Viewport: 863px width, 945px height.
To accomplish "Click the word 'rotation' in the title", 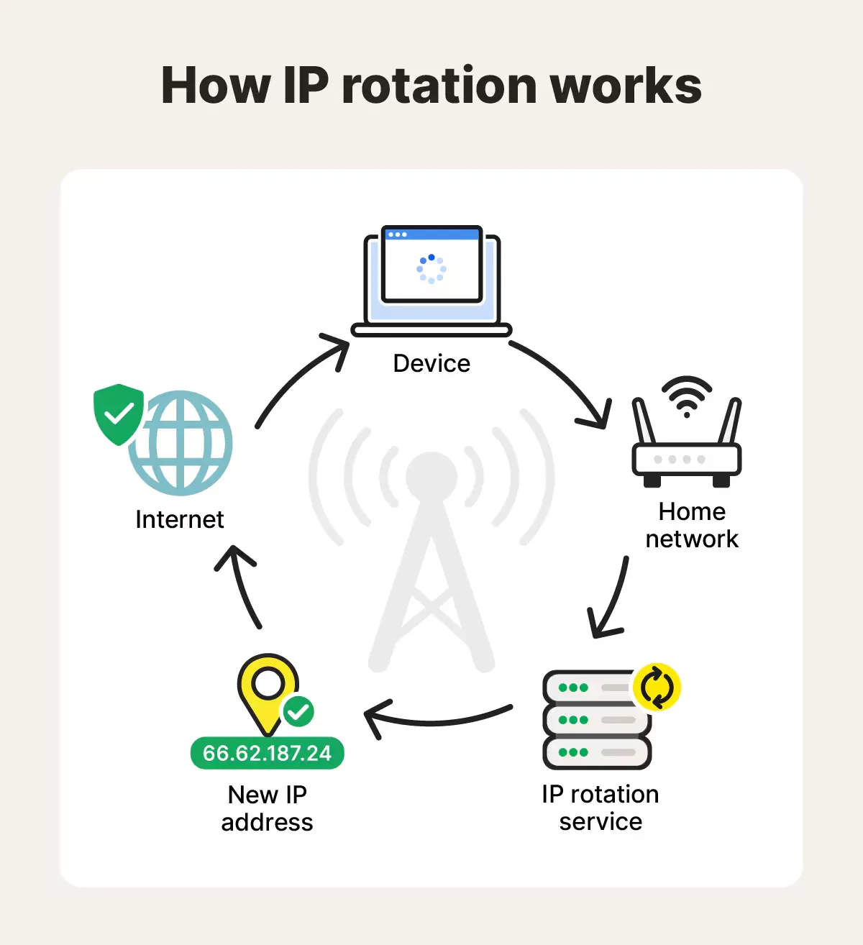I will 439,86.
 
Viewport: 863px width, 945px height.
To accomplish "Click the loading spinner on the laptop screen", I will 431,269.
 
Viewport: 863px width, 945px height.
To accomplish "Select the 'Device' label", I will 431,363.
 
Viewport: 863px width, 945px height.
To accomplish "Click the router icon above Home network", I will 687,453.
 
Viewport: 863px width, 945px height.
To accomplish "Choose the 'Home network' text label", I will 692,525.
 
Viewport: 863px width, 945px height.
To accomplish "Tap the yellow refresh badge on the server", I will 657,688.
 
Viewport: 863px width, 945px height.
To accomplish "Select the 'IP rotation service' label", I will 601,808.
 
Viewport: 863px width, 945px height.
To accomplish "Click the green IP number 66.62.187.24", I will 268,753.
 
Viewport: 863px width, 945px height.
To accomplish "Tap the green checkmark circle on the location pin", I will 298,713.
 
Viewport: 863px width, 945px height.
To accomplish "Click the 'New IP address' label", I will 268,808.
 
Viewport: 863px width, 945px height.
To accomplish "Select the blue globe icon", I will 183,442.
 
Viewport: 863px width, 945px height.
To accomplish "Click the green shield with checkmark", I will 119,414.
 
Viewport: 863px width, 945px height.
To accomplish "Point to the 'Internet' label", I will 180,519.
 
